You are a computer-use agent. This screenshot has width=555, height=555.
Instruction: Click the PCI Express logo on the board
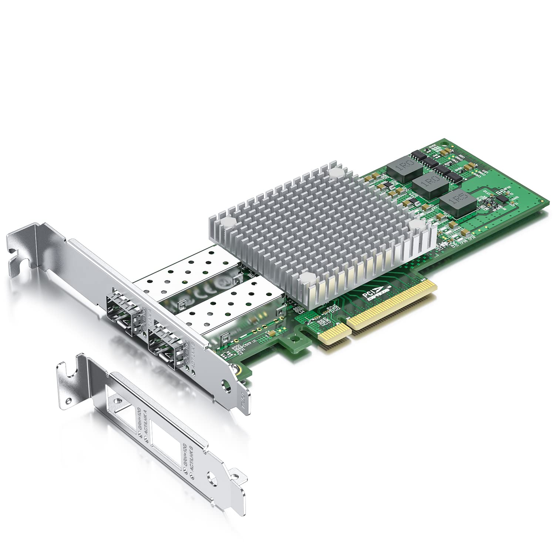(x=366, y=296)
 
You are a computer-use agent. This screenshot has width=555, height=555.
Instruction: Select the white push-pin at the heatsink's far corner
(x=336, y=172)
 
